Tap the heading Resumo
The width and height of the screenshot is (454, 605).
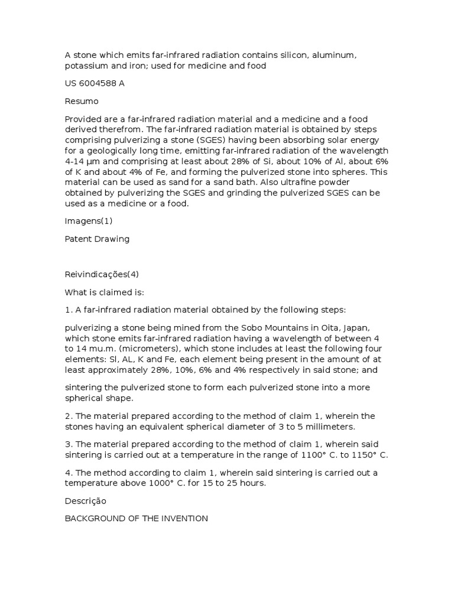pos(82,101)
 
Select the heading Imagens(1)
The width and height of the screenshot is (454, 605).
pos(89,221)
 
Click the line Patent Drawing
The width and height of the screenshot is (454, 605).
pos(97,239)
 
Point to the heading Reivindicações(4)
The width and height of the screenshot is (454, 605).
pos(102,274)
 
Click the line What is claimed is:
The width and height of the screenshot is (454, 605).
pos(104,292)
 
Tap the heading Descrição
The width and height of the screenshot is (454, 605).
pos(86,500)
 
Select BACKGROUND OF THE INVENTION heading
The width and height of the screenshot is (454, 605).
pos(136,518)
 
